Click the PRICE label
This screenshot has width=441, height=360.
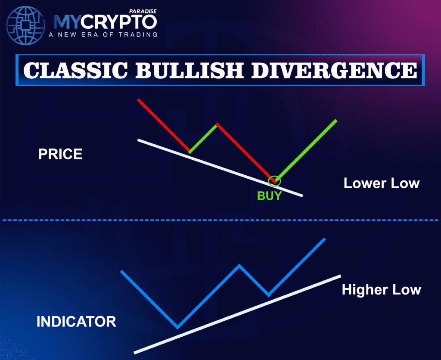(x=60, y=154)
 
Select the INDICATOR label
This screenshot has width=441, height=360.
(x=76, y=321)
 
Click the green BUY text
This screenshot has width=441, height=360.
(x=269, y=196)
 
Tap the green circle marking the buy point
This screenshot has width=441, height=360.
(x=274, y=181)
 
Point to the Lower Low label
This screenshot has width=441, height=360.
(x=381, y=183)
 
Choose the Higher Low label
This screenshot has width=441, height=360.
(x=381, y=289)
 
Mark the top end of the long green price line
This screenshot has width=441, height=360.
(x=335, y=121)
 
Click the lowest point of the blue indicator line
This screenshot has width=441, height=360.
(x=177, y=326)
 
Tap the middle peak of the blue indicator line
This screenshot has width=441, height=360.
(x=239, y=265)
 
